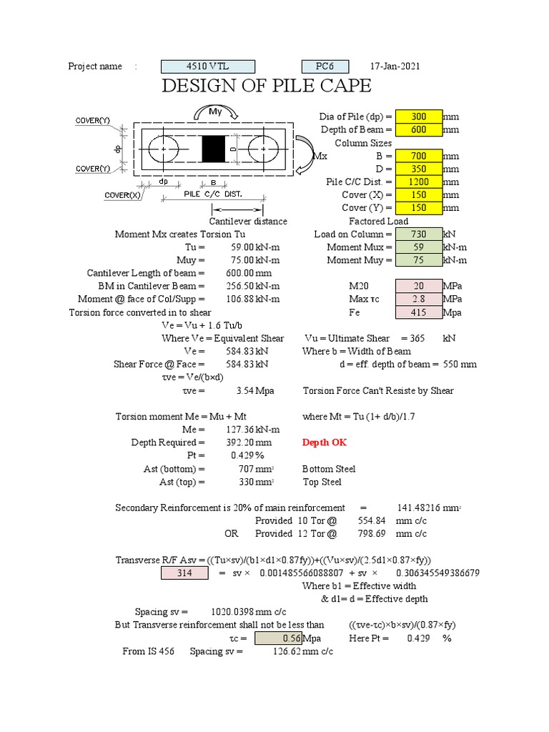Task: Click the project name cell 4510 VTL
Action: click(x=208, y=66)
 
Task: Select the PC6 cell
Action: click(x=325, y=66)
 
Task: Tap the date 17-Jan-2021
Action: click(x=395, y=66)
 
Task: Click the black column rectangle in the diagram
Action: click(x=212, y=149)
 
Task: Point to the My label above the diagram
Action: click(x=215, y=112)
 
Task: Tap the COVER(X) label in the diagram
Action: click(x=122, y=194)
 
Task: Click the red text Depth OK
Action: click(x=325, y=442)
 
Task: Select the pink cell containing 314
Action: click(x=184, y=573)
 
